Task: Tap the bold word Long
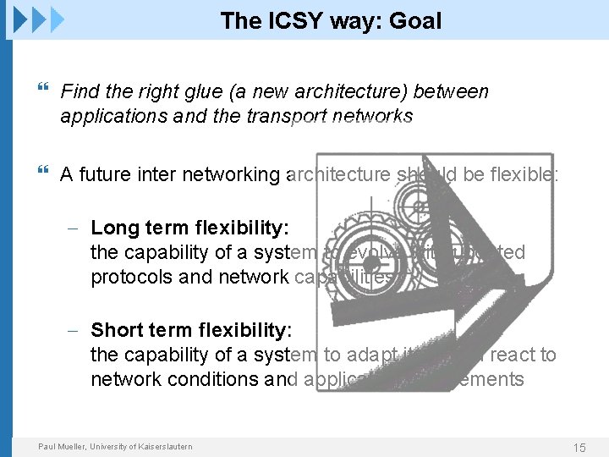click(x=114, y=228)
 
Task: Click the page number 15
click(x=579, y=447)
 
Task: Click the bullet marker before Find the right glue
click(x=44, y=91)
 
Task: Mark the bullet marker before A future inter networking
click(x=44, y=173)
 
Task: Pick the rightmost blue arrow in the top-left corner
click(x=56, y=18)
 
